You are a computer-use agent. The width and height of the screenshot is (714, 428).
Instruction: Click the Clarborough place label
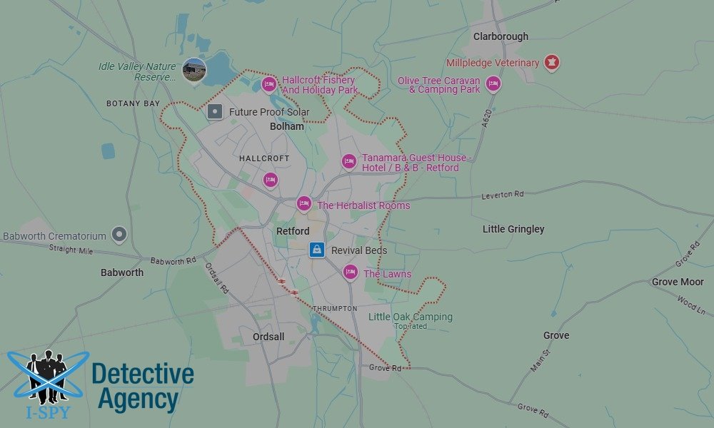tap(501, 36)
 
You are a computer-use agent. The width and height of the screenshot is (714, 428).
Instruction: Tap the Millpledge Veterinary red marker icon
tap(551, 62)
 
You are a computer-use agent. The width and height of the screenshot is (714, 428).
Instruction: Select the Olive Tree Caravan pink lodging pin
tap(493, 84)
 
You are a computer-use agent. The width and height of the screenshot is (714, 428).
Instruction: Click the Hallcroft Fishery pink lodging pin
tap(269, 85)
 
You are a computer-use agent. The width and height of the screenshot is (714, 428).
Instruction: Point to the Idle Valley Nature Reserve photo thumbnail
tap(194, 70)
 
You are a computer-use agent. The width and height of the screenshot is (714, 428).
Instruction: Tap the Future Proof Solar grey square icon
tap(215, 111)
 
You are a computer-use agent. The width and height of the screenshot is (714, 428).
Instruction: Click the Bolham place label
tap(286, 126)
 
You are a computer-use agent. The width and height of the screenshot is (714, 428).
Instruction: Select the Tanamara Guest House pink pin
tap(348, 161)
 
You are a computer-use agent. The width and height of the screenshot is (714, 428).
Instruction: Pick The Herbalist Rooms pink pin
tap(303, 204)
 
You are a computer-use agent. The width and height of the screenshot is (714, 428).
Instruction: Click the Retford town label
tap(293, 231)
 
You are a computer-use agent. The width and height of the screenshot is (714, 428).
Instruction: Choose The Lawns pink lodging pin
tap(350, 272)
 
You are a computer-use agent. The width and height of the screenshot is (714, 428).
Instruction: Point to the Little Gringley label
tap(513, 229)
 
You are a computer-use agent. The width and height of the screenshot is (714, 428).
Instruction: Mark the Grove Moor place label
tap(678, 282)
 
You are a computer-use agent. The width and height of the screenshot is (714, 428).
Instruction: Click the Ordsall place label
tap(268, 337)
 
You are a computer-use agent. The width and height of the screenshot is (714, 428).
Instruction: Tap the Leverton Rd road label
tap(502, 194)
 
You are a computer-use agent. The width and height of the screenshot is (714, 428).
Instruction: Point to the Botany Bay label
tap(133, 103)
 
